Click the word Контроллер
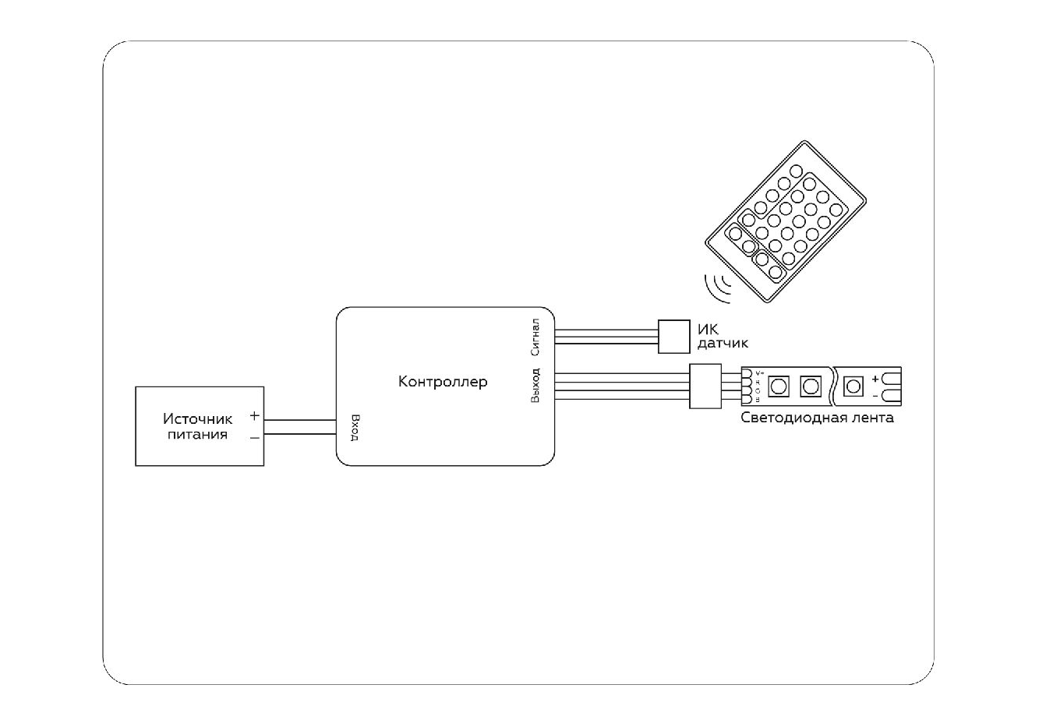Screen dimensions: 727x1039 [443, 382]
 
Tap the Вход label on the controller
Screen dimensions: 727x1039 [355, 427]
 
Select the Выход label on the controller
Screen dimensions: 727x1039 [535, 385]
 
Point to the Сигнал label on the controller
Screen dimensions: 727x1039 [535, 337]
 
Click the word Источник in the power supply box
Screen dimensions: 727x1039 [197, 419]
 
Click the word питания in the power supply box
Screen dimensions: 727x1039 [198, 435]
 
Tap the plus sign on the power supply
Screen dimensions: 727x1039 [254, 417]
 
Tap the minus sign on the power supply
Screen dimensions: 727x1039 [254, 438]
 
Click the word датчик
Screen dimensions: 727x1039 [723, 343]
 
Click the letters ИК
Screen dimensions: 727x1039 [708, 329]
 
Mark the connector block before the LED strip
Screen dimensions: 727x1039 [704, 386]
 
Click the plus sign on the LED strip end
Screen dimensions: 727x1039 [875, 379]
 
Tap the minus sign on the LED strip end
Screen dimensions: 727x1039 [875, 395]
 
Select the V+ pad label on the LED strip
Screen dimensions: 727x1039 [759, 373]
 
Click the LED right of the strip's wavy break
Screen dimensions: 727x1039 [853, 386]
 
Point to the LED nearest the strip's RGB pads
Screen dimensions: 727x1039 [777, 386]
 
